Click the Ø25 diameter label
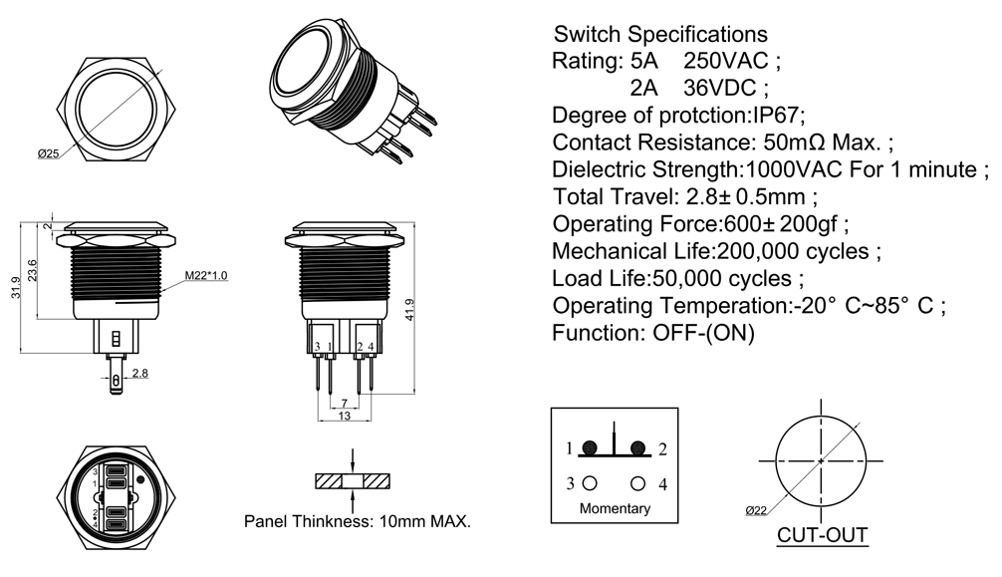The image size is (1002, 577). [x=49, y=152]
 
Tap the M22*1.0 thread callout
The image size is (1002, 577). [x=205, y=275]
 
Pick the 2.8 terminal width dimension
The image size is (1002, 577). [x=139, y=373]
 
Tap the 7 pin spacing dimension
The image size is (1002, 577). [x=344, y=403]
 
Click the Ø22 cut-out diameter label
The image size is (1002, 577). [x=756, y=509]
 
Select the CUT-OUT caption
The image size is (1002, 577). [x=822, y=535]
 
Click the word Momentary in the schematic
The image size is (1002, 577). [x=615, y=508]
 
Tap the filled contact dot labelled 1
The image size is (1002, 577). [x=590, y=447]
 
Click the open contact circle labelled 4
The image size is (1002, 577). [x=637, y=483]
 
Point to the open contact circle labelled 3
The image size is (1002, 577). [x=590, y=483]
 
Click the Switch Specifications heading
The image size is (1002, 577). [x=660, y=34]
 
